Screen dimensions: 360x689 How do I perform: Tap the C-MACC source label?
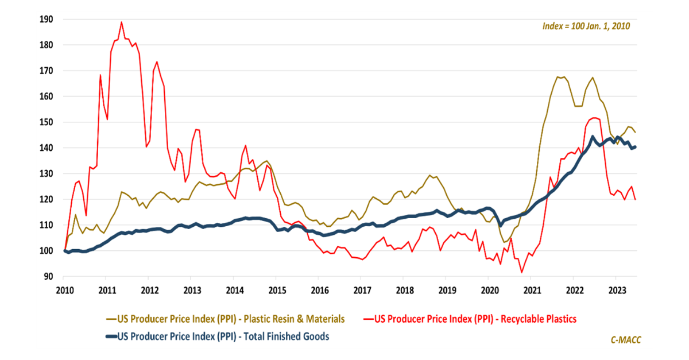625,340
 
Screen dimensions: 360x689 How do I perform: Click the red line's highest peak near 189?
121,22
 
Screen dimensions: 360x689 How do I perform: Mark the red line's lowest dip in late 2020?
521,272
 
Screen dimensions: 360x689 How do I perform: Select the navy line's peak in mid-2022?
592,137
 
